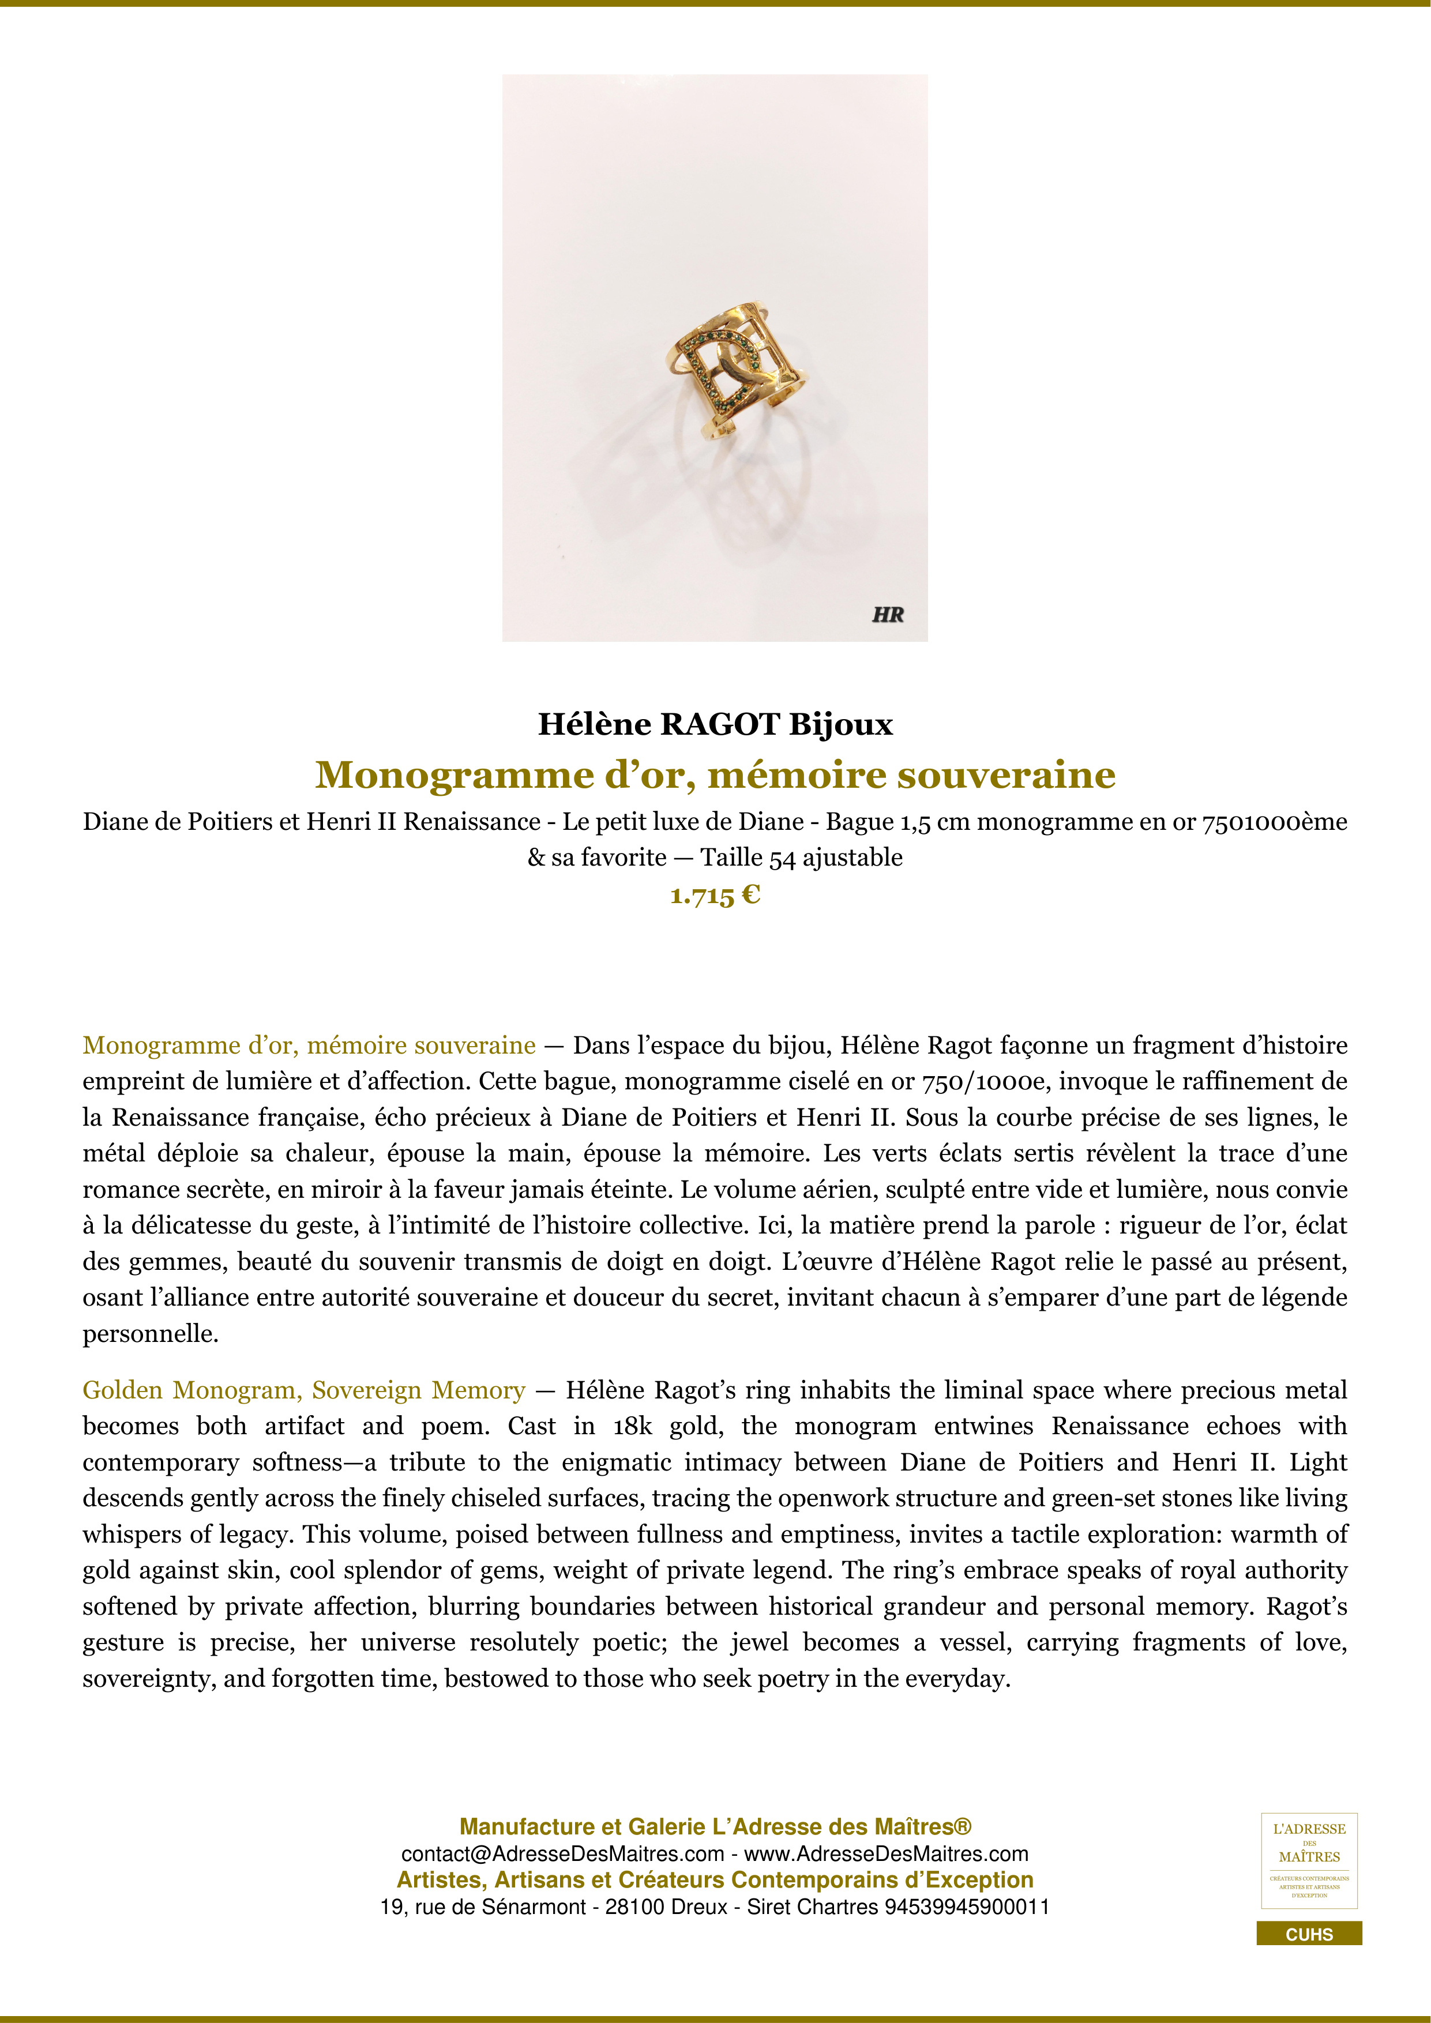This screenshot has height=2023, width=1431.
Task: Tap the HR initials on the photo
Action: click(x=887, y=615)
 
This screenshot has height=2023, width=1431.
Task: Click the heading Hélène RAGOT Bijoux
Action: click(x=715, y=724)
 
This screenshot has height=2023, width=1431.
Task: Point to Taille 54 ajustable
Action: click(x=801, y=858)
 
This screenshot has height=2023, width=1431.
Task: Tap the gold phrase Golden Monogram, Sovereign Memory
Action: click(x=303, y=1390)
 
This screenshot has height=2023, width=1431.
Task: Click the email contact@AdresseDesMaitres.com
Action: click(x=562, y=1854)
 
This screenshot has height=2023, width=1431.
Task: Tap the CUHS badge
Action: click(x=1309, y=1935)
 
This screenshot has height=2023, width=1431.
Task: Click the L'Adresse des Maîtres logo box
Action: click(x=1309, y=1861)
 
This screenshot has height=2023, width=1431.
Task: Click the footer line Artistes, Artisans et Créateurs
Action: click(x=715, y=1880)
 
